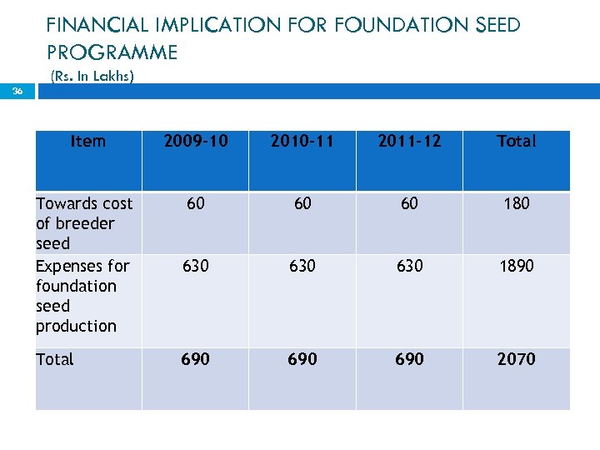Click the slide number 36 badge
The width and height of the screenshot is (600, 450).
click(17, 92)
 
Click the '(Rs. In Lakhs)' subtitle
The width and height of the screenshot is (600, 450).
click(92, 77)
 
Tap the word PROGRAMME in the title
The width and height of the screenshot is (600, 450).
click(112, 52)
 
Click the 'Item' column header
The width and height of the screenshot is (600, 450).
click(88, 141)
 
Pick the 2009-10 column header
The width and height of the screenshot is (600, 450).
click(195, 141)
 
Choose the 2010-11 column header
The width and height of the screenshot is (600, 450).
click(302, 141)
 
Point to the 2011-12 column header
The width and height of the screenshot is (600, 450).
click(409, 141)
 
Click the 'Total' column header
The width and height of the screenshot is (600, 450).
click(516, 141)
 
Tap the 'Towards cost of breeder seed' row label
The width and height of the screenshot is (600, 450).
click(84, 223)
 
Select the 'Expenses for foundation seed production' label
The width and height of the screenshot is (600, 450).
click(82, 296)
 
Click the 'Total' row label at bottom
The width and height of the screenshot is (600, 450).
click(55, 359)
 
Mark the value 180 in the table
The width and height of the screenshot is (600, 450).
click(516, 203)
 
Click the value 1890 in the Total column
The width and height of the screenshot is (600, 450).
click(516, 266)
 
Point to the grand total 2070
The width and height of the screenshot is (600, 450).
click(516, 359)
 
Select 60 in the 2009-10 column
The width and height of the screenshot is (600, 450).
click(195, 203)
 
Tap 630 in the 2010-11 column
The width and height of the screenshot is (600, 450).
click(302, 266)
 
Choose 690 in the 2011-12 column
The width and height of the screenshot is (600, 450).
click(409, 359)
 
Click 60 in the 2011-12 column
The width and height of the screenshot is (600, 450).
click(409, 203)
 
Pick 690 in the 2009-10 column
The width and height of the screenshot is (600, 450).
click(195, 359)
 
